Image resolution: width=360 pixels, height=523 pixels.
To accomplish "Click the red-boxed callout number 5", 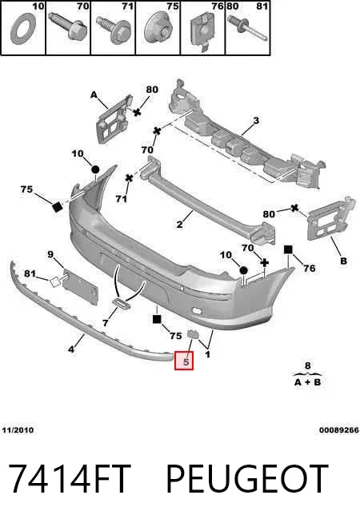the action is pyautogui.click(x=186, y=361).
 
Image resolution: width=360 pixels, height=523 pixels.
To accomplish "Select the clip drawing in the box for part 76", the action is pyautogui.click(x=202, y=31).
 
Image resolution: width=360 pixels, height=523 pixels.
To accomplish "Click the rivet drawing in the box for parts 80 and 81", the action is pyautogui.click(x=247, y=29).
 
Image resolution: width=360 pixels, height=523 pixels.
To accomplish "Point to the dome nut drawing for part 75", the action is pyautogui.click(x=158, y=29).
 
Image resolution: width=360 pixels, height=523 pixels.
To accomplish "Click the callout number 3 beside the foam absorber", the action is pyautogui.click(x=256, y=121).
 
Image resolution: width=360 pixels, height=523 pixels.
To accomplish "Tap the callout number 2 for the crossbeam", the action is pyautogui.click(x=179, y=224).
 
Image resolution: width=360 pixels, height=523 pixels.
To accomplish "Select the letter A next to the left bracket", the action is pyautogui.click(x=94, y=95).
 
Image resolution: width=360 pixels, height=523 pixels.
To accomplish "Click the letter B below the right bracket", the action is pyautogui.click(x=343, y=261).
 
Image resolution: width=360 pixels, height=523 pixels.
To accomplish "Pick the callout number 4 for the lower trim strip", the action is pyautogui.click(x=71, y=349).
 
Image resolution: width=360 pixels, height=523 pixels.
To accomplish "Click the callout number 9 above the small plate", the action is pyautogui.click(x=50, y=255).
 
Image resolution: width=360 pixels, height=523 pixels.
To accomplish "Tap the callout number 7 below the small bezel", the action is pyautogui.click(x=106, y=323).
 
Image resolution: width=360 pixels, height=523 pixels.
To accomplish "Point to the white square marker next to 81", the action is pyautogui.click(x=55, y=282).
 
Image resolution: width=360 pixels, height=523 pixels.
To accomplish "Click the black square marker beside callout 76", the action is pyautogui.click(x=288, y=250).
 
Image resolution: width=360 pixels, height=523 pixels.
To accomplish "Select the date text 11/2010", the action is pyautogui.click(x=18, y=430).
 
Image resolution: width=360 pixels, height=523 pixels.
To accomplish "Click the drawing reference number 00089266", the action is pyautogui.click(x=339, y=430).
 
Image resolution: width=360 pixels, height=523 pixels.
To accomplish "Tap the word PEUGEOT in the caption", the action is pyautogui.click(x=247, y=479).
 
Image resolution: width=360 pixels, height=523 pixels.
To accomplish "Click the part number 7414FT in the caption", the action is pyautogui.click(x=69, y=479).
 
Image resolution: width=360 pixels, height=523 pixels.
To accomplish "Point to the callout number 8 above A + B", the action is pyautogui.click(x=308, y=366).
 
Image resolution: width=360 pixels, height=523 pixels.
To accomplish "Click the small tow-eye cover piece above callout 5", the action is pyautogui.click(x=193, y=334).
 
